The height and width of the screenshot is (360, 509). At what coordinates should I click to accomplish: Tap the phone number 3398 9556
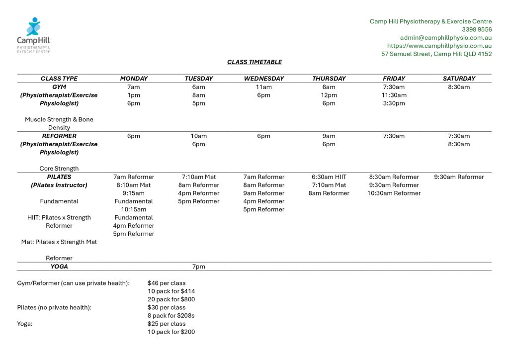click(477, 29)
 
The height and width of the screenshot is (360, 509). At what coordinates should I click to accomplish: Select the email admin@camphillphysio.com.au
click(446, 38)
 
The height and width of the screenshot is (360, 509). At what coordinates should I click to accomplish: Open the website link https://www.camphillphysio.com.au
click(439, 46)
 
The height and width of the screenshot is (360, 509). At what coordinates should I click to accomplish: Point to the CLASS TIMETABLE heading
click(254, 62)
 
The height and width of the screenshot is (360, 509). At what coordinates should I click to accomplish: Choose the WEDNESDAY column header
click(264, 79)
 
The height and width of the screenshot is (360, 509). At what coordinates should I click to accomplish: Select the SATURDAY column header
click(459, 79)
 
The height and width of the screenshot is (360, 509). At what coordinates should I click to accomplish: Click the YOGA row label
click(59, 267)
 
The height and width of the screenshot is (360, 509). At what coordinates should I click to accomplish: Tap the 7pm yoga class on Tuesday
click(198, 267)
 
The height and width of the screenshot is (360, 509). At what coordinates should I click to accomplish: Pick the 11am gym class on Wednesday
click(264, 87)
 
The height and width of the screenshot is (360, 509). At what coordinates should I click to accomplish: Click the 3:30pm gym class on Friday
click(394, 103)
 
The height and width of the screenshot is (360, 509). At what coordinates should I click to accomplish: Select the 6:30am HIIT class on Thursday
click(329, 177)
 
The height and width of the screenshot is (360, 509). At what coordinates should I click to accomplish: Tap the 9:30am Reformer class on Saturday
click(459, 177)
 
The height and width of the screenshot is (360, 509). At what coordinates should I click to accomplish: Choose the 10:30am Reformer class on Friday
click(394, 193)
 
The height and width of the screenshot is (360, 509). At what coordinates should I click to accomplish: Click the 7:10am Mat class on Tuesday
click(198, 177)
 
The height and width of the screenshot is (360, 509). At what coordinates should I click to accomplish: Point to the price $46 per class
click(167, 283)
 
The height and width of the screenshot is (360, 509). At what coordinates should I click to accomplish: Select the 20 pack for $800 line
click(171, 299)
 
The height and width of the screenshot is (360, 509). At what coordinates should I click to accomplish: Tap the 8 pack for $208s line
click(171, 316)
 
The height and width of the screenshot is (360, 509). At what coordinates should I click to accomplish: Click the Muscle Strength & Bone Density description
click(59, 123)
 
